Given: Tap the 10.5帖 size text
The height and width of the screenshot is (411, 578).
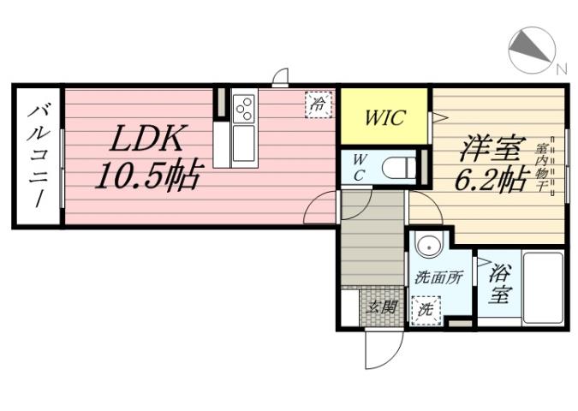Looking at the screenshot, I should tap(147, 176).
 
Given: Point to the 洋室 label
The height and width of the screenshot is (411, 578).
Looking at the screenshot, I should tap(491, 148).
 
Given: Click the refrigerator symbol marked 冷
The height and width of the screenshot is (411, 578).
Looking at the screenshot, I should tap(319, 105).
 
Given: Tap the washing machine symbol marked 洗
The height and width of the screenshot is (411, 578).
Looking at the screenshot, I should tap(424, 309).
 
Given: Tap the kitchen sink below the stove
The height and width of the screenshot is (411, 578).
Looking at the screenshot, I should tap(243, 143).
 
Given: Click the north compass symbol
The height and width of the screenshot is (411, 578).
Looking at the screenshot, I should tap(531, 49).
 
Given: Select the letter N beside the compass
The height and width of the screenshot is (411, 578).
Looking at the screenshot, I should tap(561, 68).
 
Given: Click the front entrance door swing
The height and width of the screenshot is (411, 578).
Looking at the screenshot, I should tap(383, 347).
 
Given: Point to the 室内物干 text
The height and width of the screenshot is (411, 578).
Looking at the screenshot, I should tap(543, 168).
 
